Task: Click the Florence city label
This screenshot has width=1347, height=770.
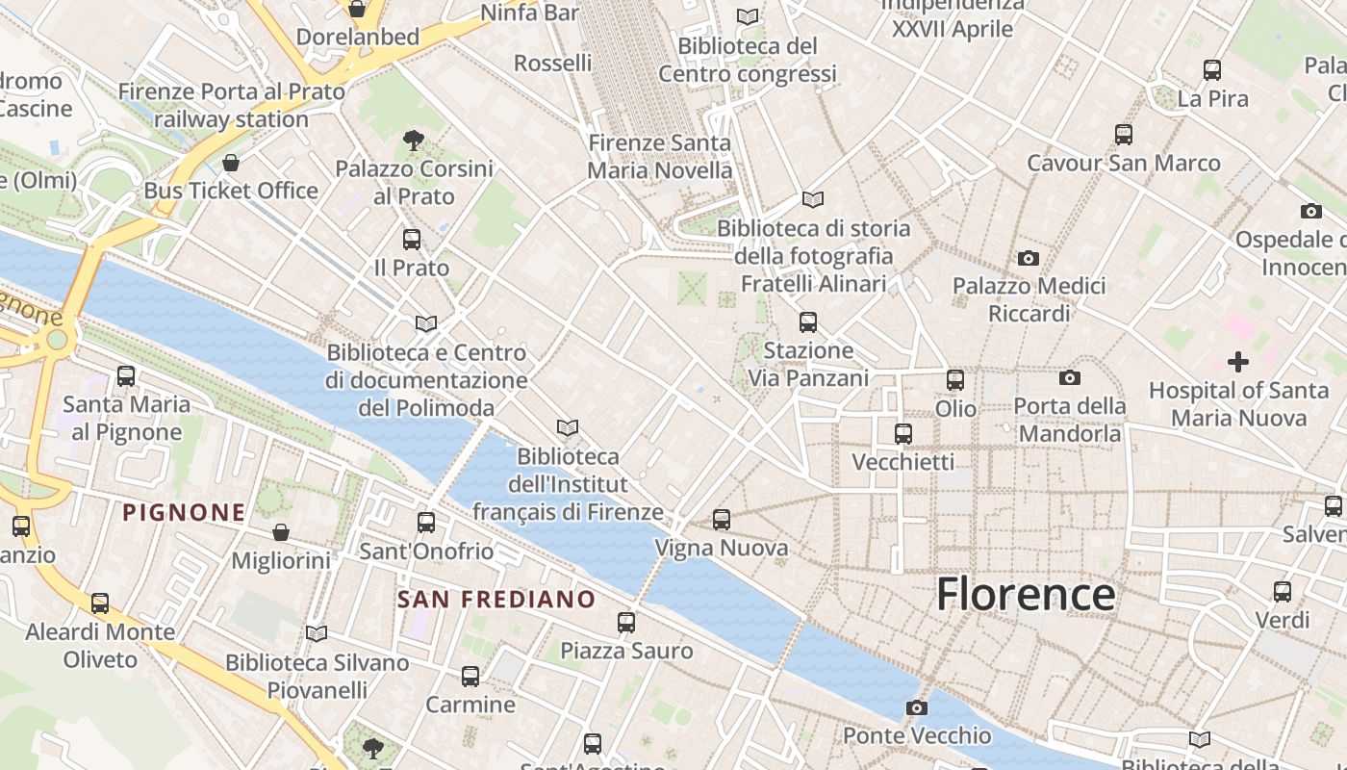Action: (1026, 594)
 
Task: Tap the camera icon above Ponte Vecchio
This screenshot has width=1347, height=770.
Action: (916, 708)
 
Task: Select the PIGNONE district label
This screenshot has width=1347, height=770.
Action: (184, 512)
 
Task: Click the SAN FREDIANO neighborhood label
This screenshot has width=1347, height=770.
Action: (496, 600)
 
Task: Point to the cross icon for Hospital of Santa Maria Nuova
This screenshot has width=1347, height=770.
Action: (1237, 362)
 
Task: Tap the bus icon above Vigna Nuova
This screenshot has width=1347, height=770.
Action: (722, 520)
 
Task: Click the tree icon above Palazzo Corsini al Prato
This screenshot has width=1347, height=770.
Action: (414, 141)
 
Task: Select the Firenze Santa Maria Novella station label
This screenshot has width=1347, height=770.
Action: (660, 157)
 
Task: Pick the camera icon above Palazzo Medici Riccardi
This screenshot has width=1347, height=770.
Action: (1029, 258)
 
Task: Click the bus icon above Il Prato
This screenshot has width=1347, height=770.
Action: (412, 239)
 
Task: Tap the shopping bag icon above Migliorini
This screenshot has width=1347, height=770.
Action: (281, 532)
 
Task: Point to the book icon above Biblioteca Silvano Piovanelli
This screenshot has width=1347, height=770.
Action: (317, 633)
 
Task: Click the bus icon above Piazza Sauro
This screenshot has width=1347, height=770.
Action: (626, 623)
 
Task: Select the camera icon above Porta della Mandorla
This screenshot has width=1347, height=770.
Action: (1069, 377)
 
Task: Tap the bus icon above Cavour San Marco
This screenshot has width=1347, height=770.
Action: (1123, 135)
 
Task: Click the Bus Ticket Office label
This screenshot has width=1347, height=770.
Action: (231, 191)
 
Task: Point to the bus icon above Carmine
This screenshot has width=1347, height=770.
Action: (470, 677)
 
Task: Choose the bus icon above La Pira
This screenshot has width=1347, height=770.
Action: (1212, 70)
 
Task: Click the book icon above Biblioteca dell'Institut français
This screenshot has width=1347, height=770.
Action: (568, 427)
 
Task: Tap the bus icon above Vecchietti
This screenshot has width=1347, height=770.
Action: (902, 434)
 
